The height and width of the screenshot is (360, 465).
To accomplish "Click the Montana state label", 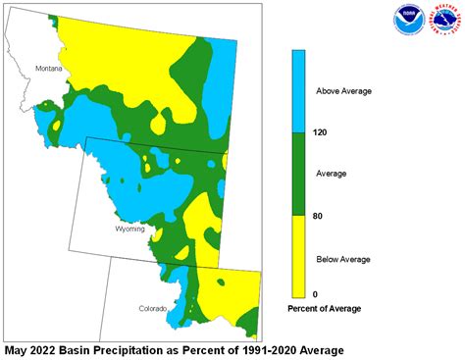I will [x=48, y=69].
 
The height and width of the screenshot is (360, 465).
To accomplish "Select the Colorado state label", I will [x=152, y=308].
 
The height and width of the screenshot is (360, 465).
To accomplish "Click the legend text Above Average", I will [x=342, y=91].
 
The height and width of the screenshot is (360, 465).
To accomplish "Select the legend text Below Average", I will [x=342, y=259].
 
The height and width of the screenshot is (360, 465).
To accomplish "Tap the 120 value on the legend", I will [x=319, y=131].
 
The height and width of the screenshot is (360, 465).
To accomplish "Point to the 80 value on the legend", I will [x=317, y=216].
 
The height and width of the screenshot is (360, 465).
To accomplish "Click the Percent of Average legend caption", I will [x=324, y=309].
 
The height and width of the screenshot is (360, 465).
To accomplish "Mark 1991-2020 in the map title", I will [x=266, y=349].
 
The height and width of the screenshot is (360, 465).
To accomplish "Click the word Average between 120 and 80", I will [x=332, y=173].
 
